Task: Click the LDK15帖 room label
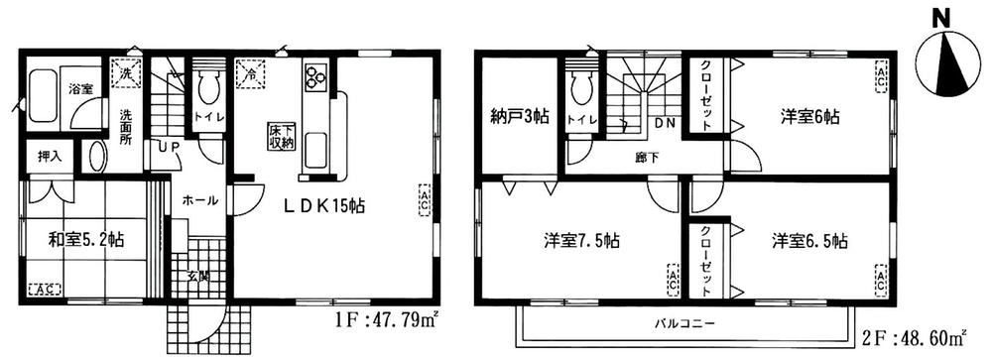[x=324, y=206]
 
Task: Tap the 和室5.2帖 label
[x=86, y=239]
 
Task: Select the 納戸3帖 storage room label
[x=516, y=117]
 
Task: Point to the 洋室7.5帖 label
[x=582, y=240]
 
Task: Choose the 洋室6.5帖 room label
[x=810, y=240]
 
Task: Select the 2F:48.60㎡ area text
[x=930, y=338]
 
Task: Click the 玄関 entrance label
[x=198, y=275]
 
